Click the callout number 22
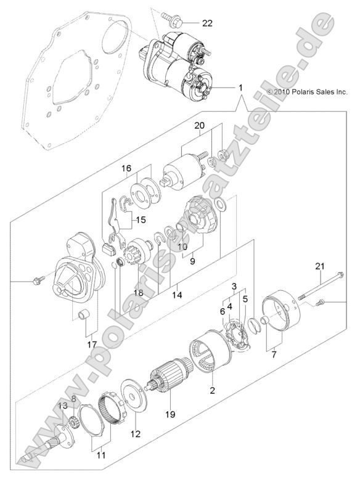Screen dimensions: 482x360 (x=207, y=24)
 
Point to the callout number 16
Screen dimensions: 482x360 (x=126, y=168)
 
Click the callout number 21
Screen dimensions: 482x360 (x=319, y=266)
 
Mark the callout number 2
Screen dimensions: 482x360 (x=213, y=390)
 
